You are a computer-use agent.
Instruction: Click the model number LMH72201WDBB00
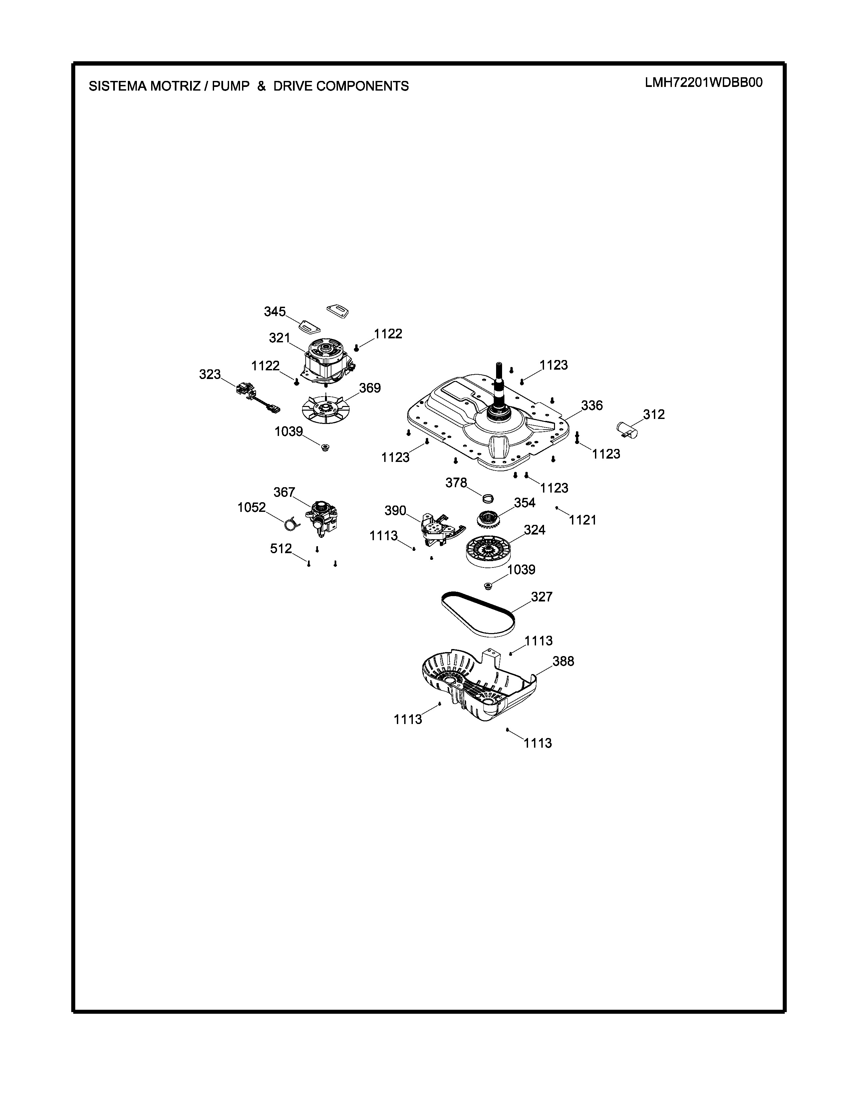click(704, 83)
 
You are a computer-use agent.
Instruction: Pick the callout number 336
click(592, 406)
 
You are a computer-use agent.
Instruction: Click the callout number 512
click(281, 549)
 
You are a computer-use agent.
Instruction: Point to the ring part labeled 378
click(488, 498)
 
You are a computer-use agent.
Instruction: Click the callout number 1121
click(582, 520)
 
